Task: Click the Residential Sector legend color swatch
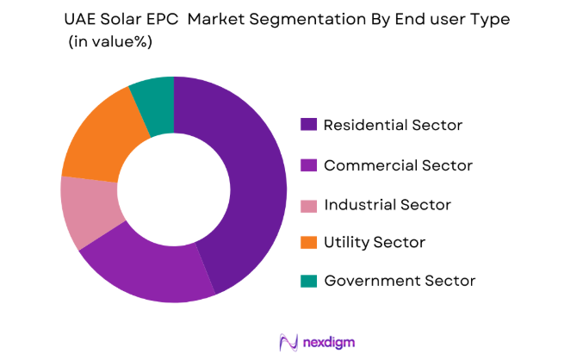point(308,125)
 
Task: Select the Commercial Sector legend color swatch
point(308,164)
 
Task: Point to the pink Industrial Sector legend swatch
point(308,205)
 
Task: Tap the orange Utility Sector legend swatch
point(308,243)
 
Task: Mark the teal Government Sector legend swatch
point(308,281)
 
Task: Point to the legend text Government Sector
point(400,281)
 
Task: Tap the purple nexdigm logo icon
point(288,342)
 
